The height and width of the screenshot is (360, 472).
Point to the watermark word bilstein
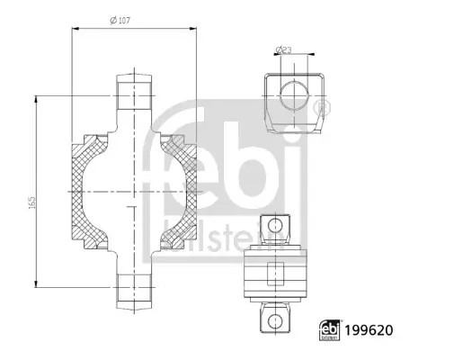(x=230, y=232)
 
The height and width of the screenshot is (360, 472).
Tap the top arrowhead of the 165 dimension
(x=34, y=97)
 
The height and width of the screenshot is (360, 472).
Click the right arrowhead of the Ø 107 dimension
(x=194, y=30)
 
